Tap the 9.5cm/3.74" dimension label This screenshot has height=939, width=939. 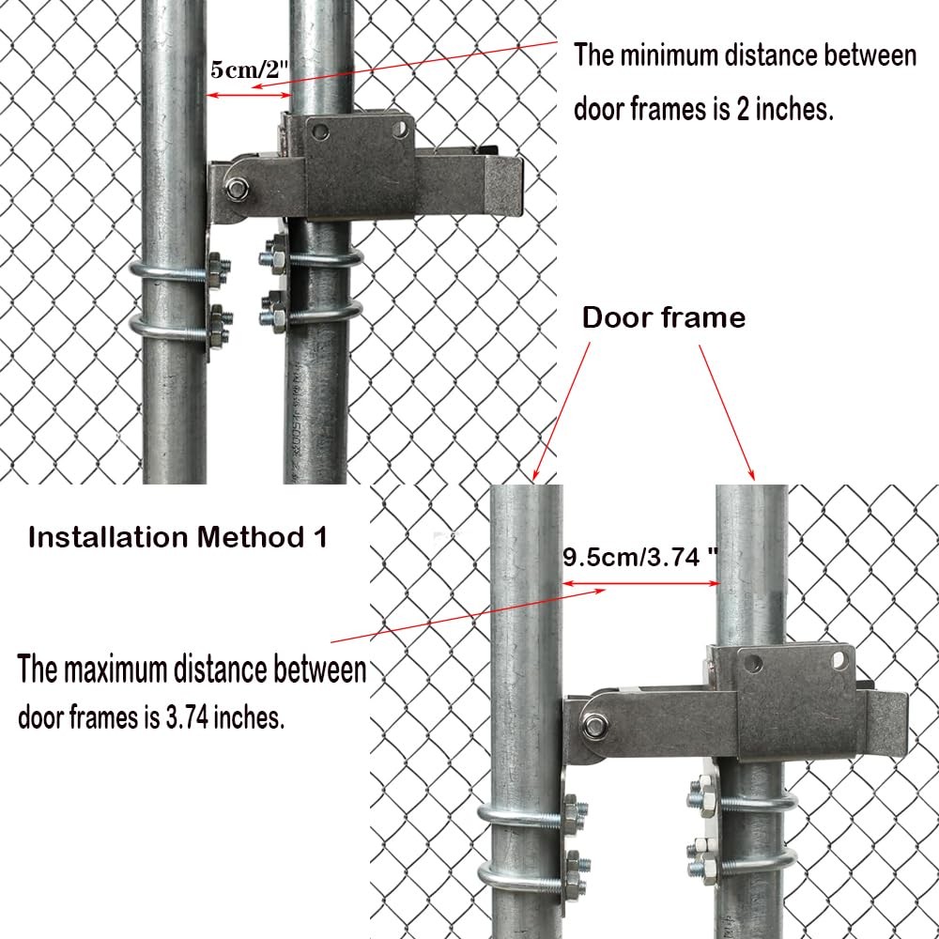click(x=639, y=558)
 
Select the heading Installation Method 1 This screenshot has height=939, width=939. click(x=178, y=538)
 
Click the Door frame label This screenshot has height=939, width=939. click(x=664, y=317)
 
